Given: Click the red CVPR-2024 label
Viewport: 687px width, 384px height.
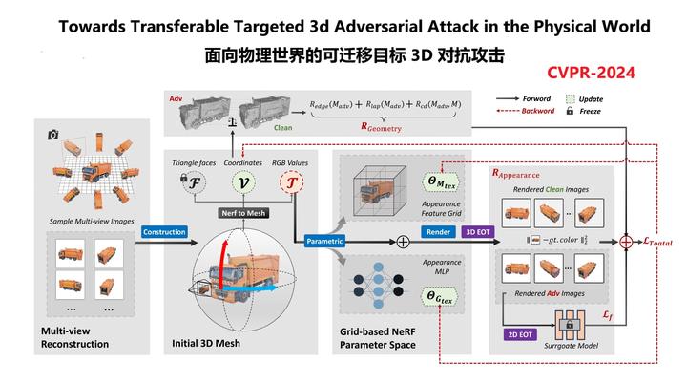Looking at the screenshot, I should (591, 72).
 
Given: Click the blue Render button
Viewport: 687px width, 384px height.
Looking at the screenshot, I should (439, 231).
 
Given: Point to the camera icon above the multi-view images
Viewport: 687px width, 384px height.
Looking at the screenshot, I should (53, 136).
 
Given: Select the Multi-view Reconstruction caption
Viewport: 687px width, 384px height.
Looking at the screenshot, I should (74, 336).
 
